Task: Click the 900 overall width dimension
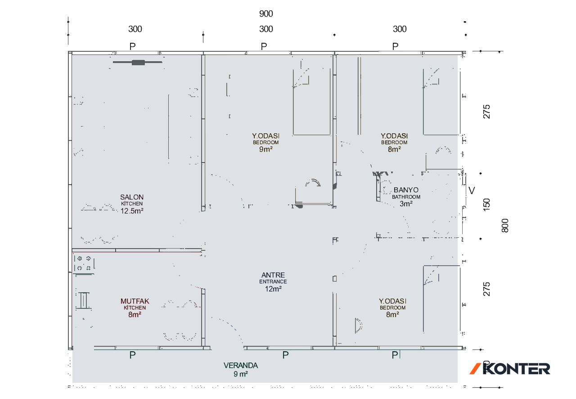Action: pos(266,14)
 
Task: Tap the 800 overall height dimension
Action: pos(505,226)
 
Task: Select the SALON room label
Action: pos(132,197)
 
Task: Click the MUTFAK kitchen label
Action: pos(135,301)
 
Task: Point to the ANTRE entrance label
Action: pos(273,275)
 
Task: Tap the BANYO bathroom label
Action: pos(406,190)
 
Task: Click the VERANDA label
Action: pos(241,366)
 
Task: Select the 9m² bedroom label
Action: pos(266,150)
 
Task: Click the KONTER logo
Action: pos(510,369)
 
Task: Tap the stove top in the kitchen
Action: pos(84,263)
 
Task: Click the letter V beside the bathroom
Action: pos(472,190)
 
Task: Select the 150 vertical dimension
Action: pos(487,205)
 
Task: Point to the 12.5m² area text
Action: pos(132,211)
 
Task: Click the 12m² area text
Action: pos(273,289)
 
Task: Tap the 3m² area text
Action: pos(406,204)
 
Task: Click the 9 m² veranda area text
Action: pos(241,374)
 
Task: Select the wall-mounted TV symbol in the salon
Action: pos(138,62)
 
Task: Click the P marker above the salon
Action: pos(132,46)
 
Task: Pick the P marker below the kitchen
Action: pos(132,355)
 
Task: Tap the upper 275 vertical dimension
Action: pos(487,112)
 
